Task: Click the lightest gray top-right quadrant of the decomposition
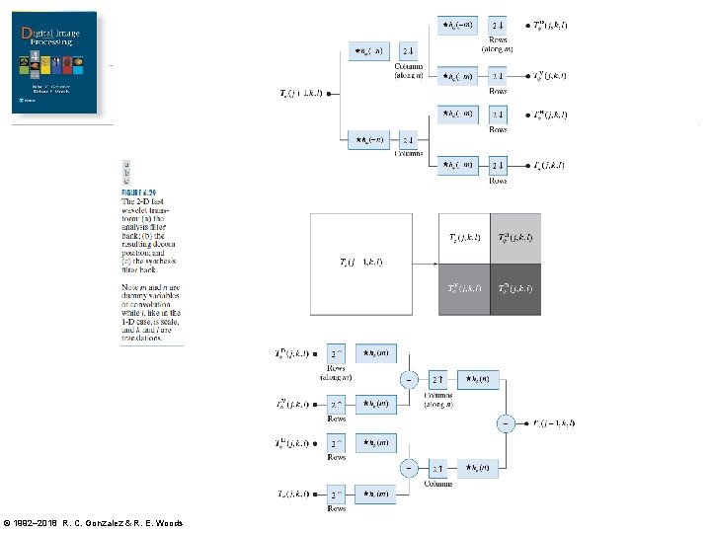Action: [514, 238]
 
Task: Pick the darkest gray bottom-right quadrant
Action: [514, 289]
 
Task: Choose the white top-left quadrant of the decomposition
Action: [464, 238]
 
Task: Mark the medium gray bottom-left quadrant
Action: [464, 289]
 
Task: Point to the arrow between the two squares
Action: [425, 264]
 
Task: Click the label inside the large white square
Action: [360, 262]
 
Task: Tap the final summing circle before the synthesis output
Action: [506, 423]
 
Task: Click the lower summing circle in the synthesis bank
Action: [407, 467]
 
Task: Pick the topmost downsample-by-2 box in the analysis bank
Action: [498, 24]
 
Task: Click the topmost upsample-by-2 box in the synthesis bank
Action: [338, 353]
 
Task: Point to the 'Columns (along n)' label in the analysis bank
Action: [409, 70]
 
